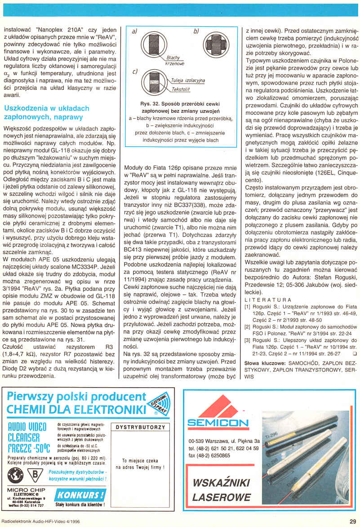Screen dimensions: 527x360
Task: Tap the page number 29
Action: [352, 521]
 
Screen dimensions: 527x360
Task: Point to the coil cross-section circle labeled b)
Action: [215, 44]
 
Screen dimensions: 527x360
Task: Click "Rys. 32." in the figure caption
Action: [151, 104]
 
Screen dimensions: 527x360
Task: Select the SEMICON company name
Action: [218, 423]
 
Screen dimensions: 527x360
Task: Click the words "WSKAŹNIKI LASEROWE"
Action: [222, 490]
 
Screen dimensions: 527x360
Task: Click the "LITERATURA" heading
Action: [267, 299]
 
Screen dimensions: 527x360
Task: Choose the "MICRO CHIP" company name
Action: [26, 490]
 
